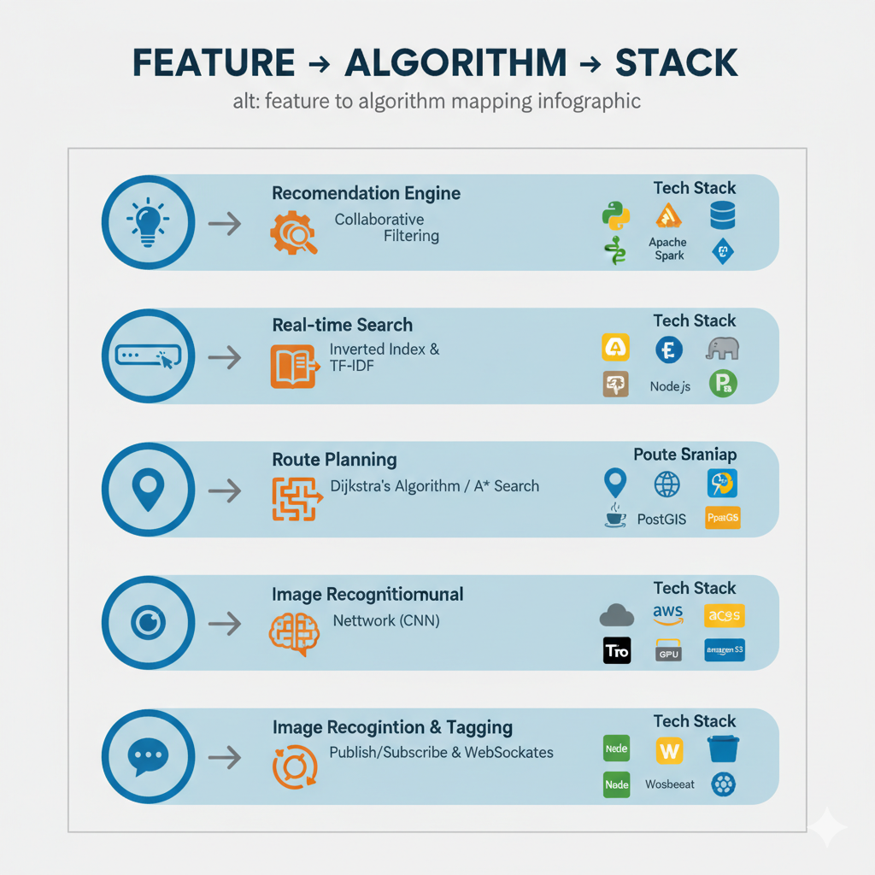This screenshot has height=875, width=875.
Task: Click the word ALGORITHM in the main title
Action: [x=455, y=63]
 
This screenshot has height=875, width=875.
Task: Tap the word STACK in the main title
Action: [x=677, y=63]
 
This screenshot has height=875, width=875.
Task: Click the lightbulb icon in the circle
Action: [x=148, y=221]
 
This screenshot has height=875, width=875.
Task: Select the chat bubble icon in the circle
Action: [x=148, y=755]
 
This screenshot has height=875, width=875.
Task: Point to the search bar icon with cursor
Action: [x=148, y=355]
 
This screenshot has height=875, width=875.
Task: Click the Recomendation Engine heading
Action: [x=366, y=193]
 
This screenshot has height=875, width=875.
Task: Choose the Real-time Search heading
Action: [x=342, y=325]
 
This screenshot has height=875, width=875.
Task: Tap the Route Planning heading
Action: [x=334, y=460]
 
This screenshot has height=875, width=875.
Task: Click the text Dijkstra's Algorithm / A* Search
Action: [x=434, y=486]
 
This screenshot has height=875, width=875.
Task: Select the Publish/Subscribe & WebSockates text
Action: [x=441, y=753]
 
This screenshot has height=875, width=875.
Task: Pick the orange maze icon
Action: [x=293, y=499]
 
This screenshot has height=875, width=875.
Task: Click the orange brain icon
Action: [x=293, y=633]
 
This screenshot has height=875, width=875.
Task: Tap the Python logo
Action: [x=616, y=215]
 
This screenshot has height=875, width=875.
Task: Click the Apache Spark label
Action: [x=668, y=249]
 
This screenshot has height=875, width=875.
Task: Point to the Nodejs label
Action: [x=670, y=386]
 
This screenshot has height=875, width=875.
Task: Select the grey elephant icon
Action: [x=723, y=348]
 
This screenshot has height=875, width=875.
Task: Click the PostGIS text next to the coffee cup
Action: [x=662, y=519]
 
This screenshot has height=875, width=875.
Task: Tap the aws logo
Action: [x=668, y=613]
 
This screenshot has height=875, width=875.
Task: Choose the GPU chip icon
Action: [x=668, y=651]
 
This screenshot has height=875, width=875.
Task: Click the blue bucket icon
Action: [x=723, y=749]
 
